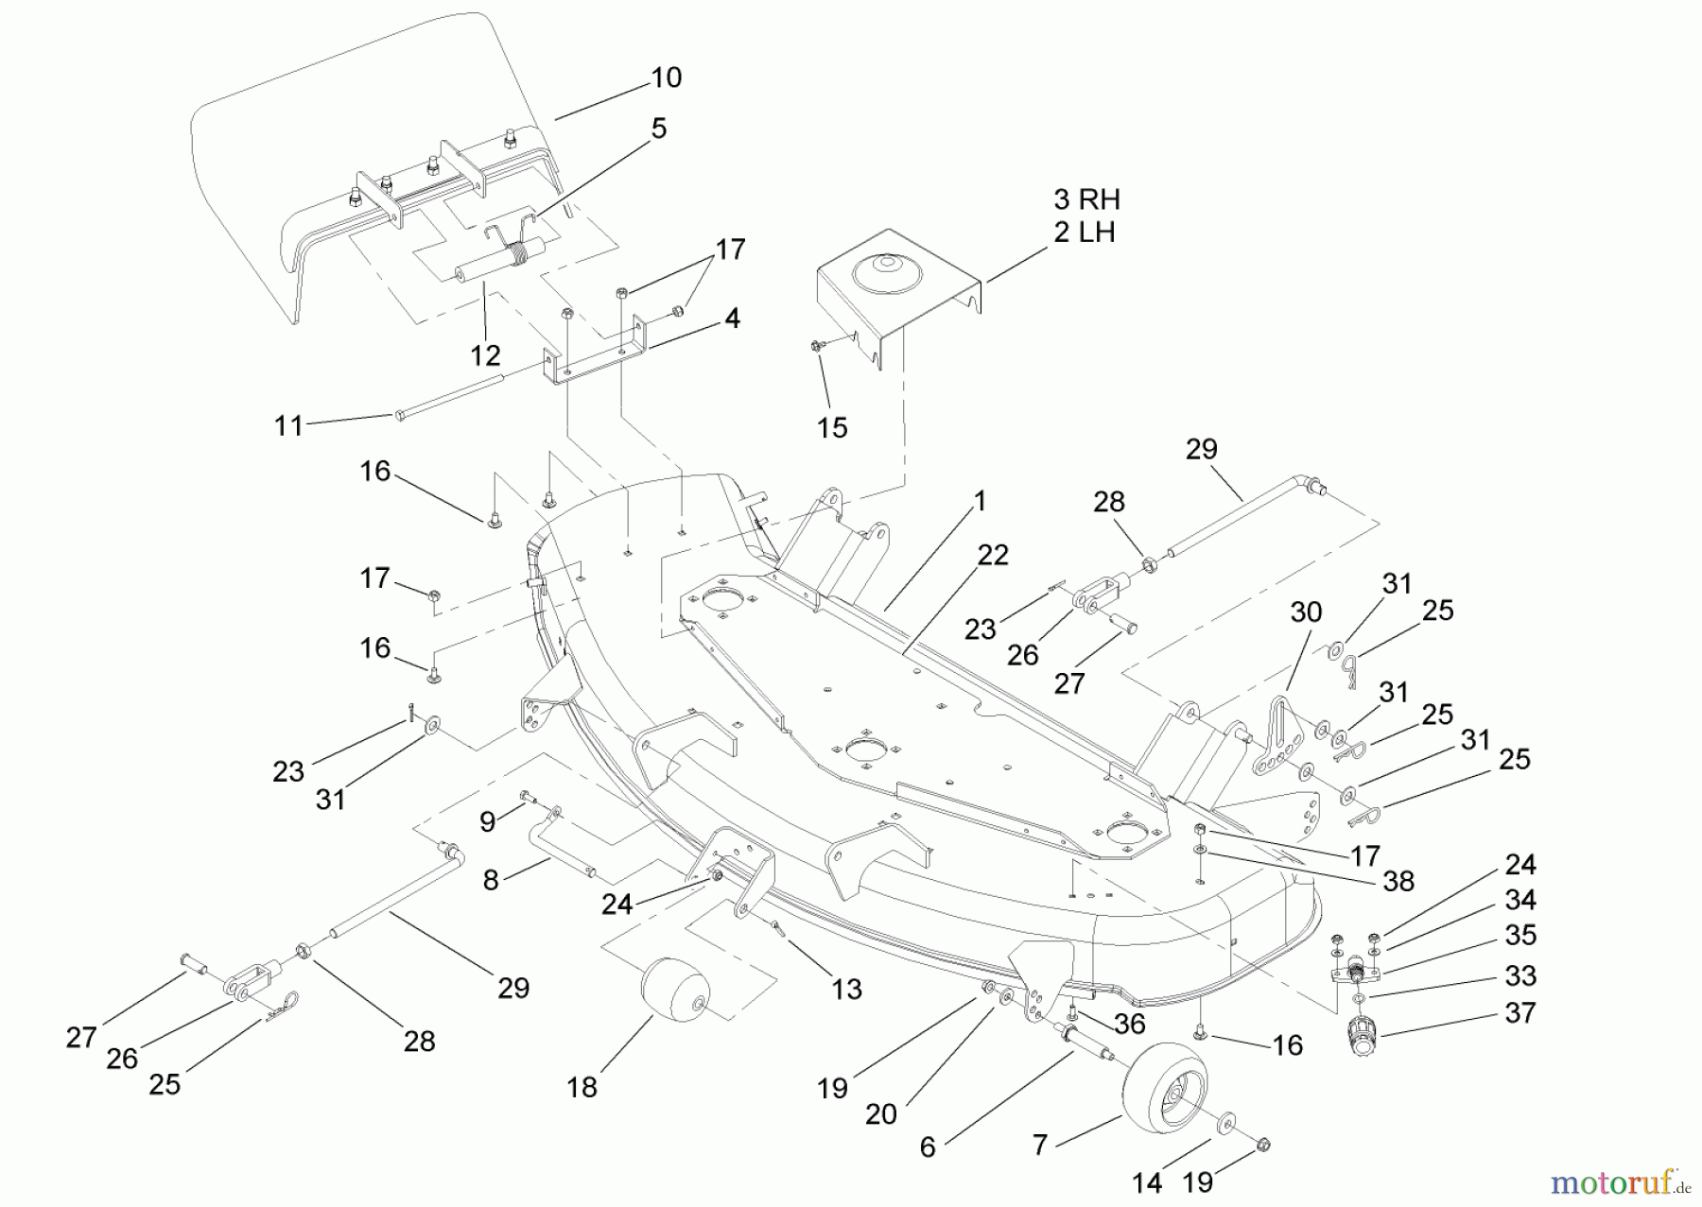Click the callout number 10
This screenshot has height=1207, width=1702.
(666, 78)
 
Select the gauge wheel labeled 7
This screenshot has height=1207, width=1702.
(1170, 1087)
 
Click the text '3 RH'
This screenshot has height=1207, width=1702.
(1086, 199)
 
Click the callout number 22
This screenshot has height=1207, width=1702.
(993, 555)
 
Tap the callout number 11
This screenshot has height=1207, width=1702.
(288, 426)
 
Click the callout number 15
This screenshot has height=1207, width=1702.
(832, 427)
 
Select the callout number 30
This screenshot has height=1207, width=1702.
(1306, 612)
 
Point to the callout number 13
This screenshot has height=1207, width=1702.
(846, 989)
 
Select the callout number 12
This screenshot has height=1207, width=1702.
(485, 355)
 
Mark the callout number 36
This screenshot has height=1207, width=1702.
(1130, 1024)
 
